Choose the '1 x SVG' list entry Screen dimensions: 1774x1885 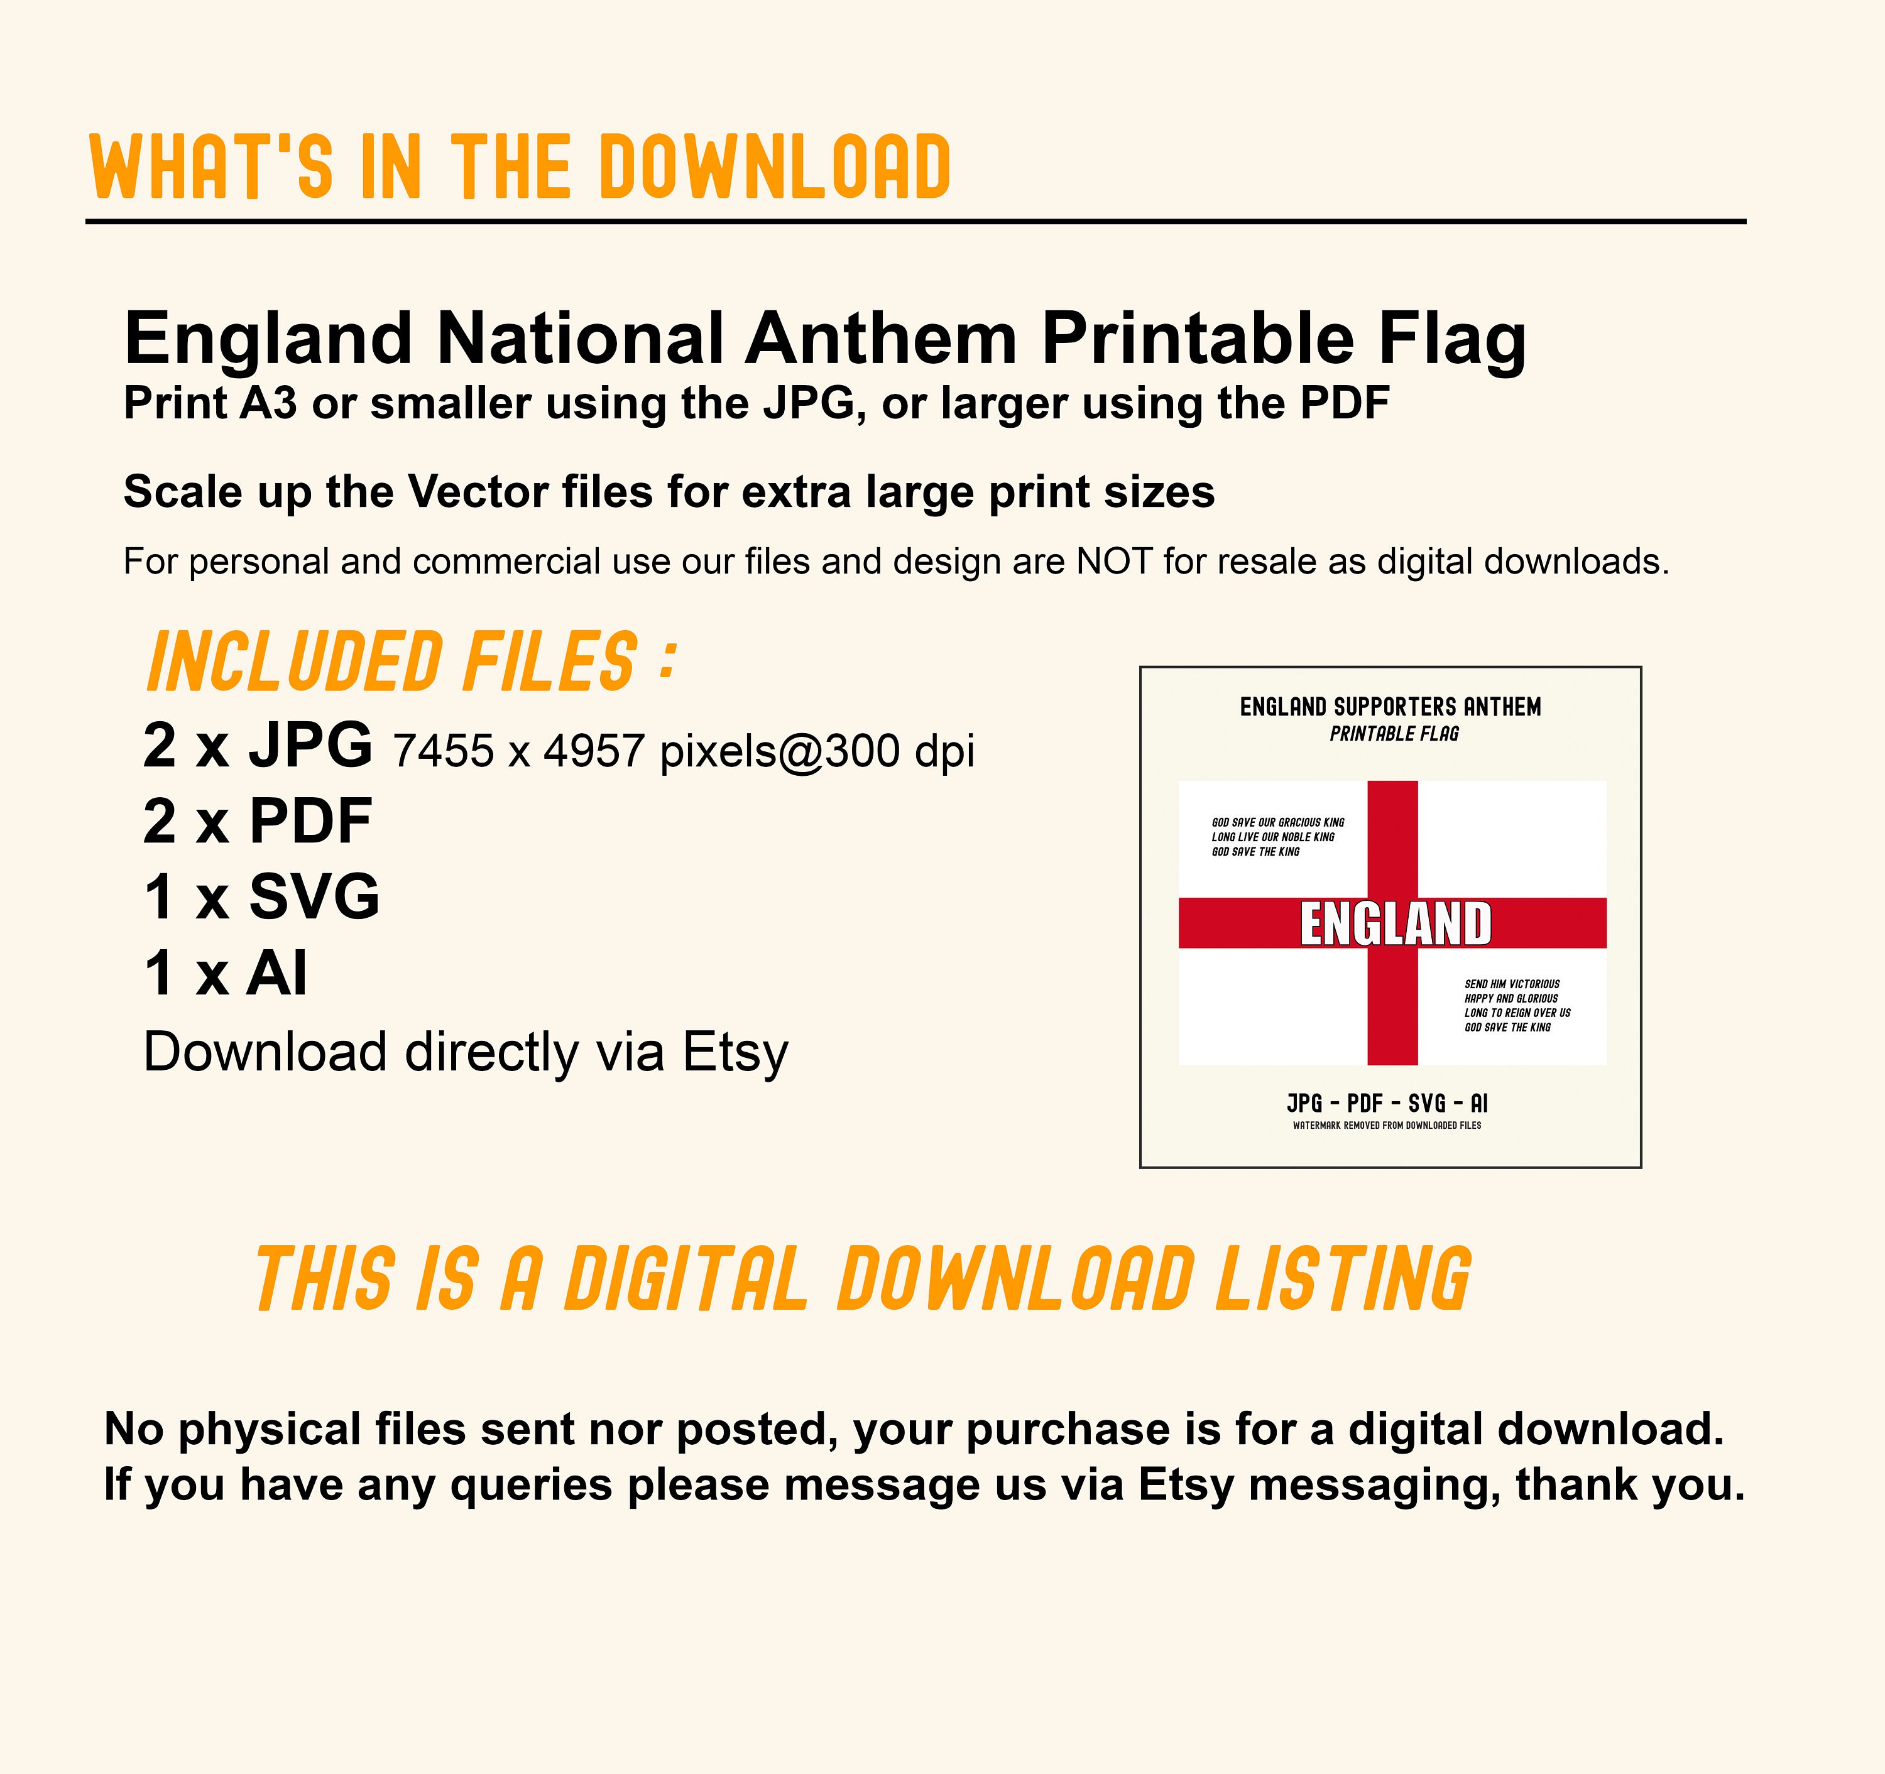(261, 897)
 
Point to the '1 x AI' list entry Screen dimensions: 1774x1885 (226, 973)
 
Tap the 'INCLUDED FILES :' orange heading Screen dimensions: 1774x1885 (412, 662)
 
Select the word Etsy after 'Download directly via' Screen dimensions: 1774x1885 (736, 1052)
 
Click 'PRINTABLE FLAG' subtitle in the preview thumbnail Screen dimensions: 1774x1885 (1394, 734)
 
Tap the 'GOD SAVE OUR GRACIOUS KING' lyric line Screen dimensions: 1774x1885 (1277, 822)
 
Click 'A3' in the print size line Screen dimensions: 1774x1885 (268, 404)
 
